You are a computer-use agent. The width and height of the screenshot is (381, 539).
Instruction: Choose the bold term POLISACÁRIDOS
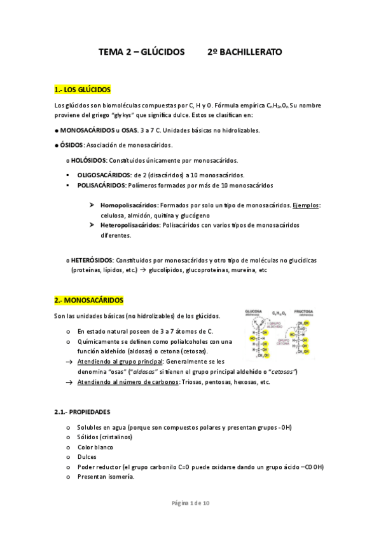[102, 186]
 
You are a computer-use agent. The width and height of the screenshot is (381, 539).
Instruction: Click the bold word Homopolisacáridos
[129, 206]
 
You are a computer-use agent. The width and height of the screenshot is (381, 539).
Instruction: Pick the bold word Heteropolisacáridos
[130, 225]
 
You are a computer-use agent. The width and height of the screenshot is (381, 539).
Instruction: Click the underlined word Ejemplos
[307, 206]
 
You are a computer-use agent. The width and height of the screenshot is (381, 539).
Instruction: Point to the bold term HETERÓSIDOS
[92, 261]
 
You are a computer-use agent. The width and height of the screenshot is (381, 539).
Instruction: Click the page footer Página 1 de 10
[191, 503]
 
